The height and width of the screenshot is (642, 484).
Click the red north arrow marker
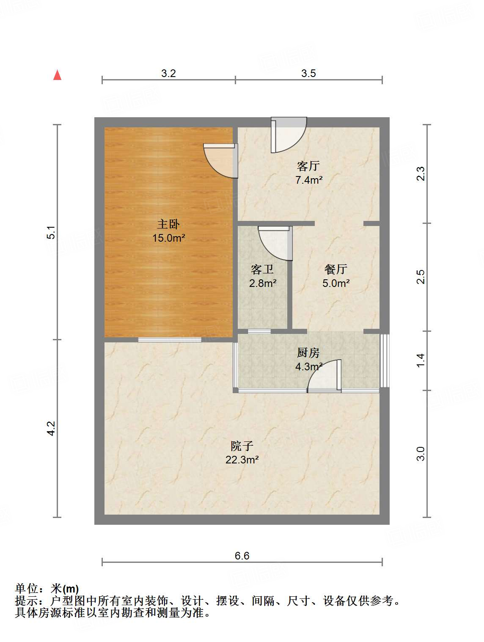58,75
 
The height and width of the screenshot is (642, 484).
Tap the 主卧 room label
168,224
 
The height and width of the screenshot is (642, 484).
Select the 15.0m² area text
168,238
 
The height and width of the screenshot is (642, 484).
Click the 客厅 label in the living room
308,166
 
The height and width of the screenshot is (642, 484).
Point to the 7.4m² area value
309,180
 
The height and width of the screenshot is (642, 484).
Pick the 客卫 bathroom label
262,269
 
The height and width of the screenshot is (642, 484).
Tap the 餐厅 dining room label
336,269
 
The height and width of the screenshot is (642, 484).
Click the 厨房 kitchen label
308,353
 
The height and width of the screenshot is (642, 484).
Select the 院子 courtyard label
242,446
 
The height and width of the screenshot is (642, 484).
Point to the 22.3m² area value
242,460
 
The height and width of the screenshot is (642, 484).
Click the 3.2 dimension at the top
168,73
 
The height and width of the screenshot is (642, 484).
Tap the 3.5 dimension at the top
309,73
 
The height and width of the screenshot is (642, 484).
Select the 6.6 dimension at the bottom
242,556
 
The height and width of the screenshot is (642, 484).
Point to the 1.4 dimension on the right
421,360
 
